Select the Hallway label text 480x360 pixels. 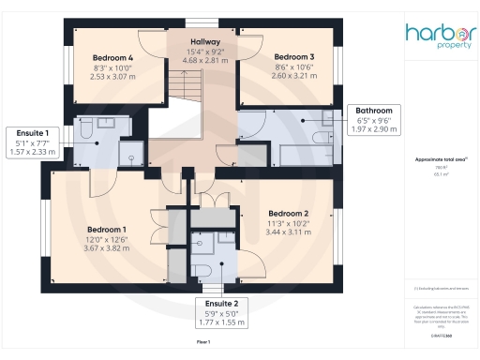tap(203, 42)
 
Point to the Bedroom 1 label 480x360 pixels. tap(106, 229)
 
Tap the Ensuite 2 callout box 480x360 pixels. tap(223, 312)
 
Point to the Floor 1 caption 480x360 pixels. tap(203, 343)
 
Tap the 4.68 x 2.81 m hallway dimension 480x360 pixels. tap(203, 60)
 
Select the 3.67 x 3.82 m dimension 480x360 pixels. tap(106, 247)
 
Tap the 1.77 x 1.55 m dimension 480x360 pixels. tap(223, 322)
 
